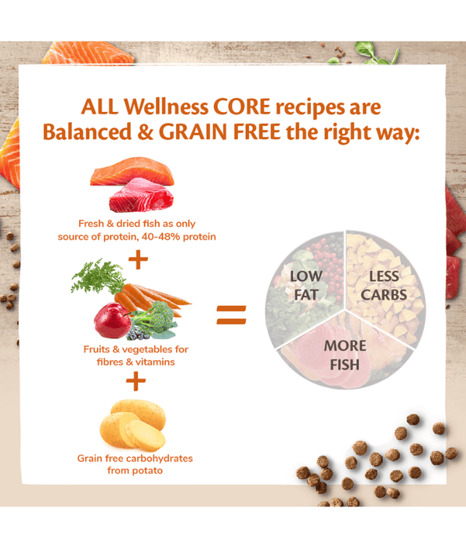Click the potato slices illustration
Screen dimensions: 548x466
tap(133, 426)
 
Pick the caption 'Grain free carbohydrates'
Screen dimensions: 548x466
tap(135, 458)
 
